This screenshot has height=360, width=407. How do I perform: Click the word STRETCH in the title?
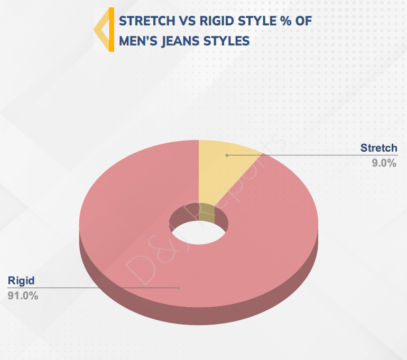point(147,21)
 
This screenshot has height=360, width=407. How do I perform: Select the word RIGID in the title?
point(217,21)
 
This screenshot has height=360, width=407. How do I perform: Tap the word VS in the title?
point(187,21)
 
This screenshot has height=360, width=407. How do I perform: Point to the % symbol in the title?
point(285,21)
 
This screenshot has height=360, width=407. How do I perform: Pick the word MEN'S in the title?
point(138,41)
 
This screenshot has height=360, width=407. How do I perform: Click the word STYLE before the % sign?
point(257,21)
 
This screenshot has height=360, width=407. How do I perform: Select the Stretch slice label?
point(378,148)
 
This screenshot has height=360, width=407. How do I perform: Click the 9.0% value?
point(384,163)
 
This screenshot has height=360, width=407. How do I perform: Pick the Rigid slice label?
point(21,281)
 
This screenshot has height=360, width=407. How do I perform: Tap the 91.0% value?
point(23,296)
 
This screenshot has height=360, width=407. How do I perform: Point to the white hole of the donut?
point(199,233)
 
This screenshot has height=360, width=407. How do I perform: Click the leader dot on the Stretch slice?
point(227,155)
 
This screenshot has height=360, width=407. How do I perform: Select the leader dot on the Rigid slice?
point(179,288)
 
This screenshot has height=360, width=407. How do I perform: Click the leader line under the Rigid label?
point(93,288)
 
